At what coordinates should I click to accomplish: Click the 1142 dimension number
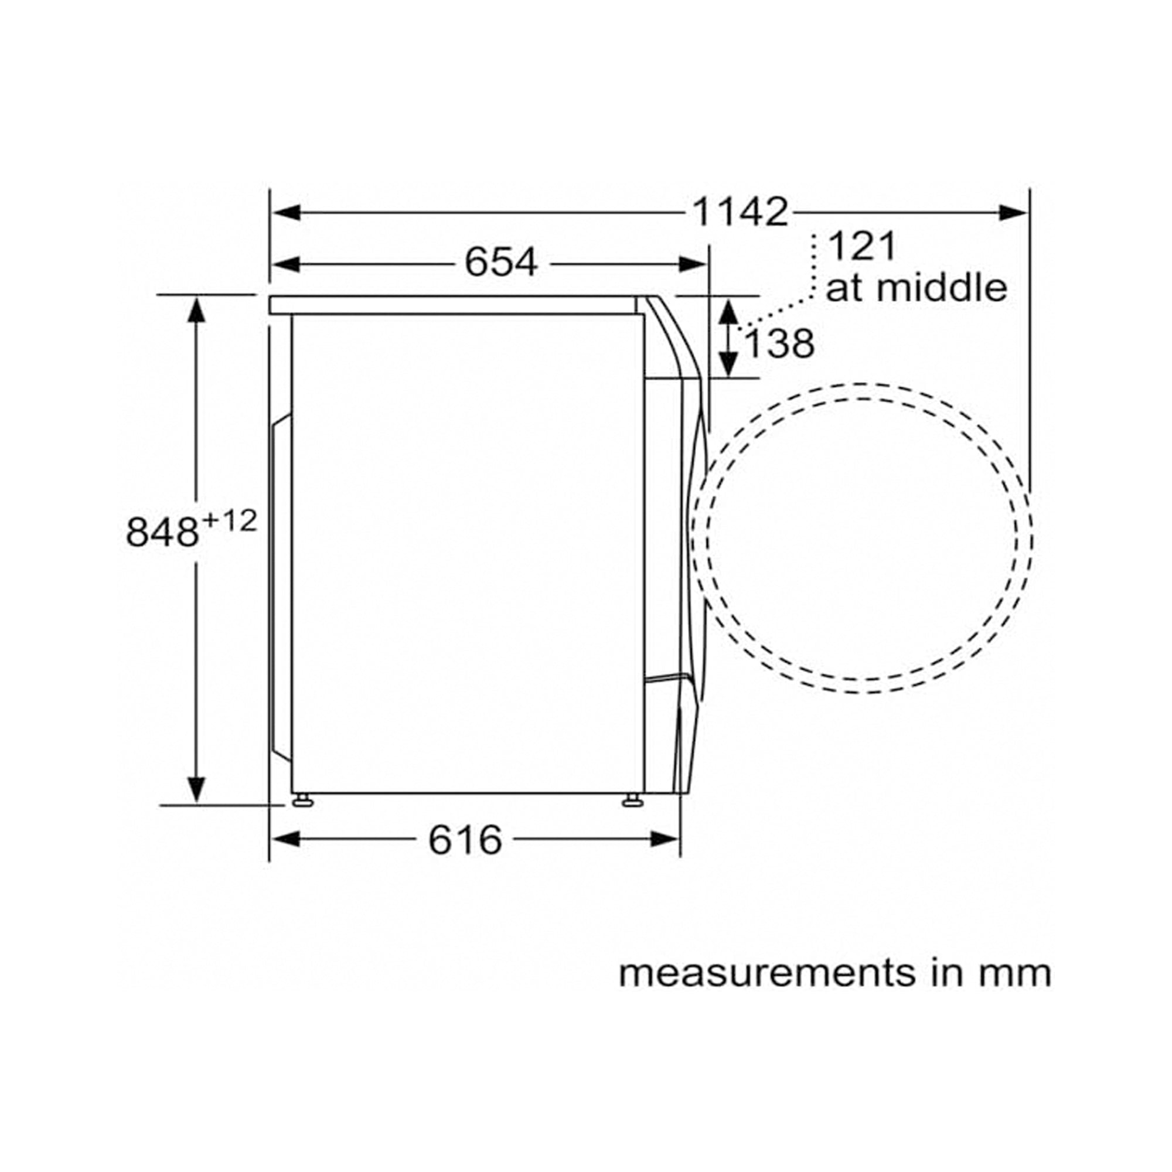(740, 212)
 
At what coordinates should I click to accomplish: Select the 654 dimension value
(501, 263)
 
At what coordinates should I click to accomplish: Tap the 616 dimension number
(465, 840)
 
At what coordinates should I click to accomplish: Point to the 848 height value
(162, 532)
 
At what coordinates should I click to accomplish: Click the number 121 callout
(862, 246)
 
